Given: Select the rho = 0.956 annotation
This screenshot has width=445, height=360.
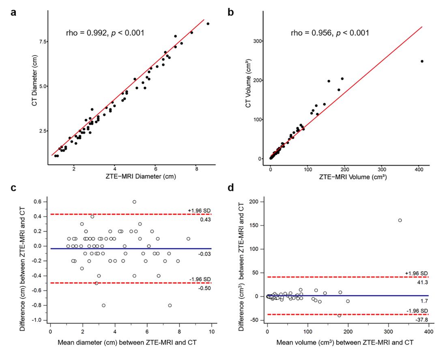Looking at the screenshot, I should (330, 33).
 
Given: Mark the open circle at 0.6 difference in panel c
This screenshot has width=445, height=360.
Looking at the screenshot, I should (134, 201).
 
